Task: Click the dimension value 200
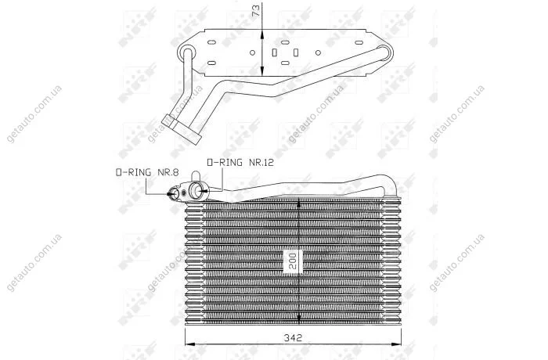(293, 261)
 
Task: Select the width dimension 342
(293, 337)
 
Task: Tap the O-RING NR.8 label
(147, 172)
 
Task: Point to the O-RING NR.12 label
(240, 163)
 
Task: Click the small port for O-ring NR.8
(173, 193)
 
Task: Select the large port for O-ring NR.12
(196, 190)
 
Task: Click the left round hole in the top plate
(252, 52)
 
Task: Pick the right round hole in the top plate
(318, 52)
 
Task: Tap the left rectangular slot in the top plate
(275, 52)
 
